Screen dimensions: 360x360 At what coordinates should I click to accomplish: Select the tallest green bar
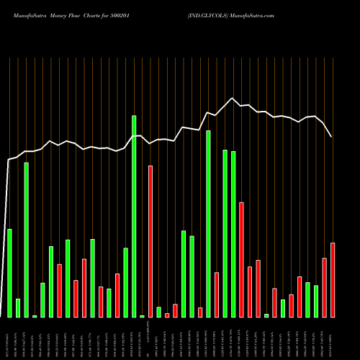(x=134, y=216)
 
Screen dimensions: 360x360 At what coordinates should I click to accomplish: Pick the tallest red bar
(x=150, y=241)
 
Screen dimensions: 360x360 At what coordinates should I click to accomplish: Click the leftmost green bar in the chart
(x=9, y=273)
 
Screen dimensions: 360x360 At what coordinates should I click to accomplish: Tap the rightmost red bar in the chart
(x=333, y=280)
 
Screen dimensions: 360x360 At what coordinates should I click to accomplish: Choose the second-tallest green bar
(x=208, y=224)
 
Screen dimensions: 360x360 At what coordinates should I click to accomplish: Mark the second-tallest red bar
(x=241, y=259)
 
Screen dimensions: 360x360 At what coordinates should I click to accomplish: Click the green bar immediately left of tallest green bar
(x=126, y=282)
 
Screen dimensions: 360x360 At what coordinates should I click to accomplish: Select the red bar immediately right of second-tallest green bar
(x=217, y=294)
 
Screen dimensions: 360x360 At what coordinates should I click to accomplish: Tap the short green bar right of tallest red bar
(x=158, y=312)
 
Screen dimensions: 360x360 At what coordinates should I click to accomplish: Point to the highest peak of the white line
(x=232, y=99)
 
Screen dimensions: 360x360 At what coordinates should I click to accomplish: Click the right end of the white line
(x=332, y=136)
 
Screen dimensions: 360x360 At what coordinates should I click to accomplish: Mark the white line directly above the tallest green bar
(x=134, y=136)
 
